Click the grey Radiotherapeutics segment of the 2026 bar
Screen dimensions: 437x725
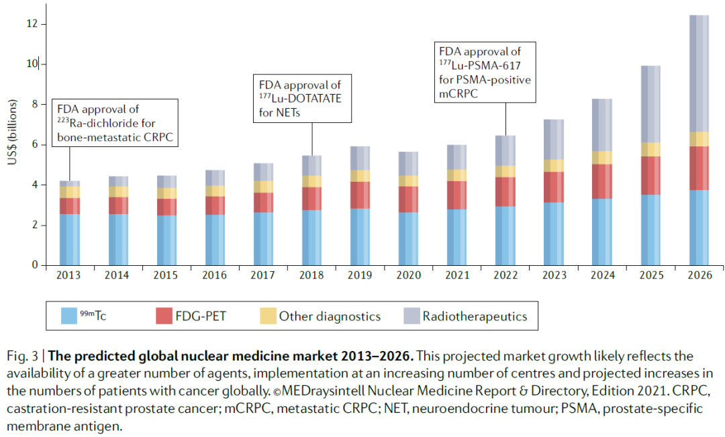(x=699, y=74)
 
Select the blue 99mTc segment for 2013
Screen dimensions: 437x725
(x=69, y=239)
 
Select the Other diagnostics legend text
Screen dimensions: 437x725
(x=330, y=317)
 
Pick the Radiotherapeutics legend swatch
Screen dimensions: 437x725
(x=411, y=316)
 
